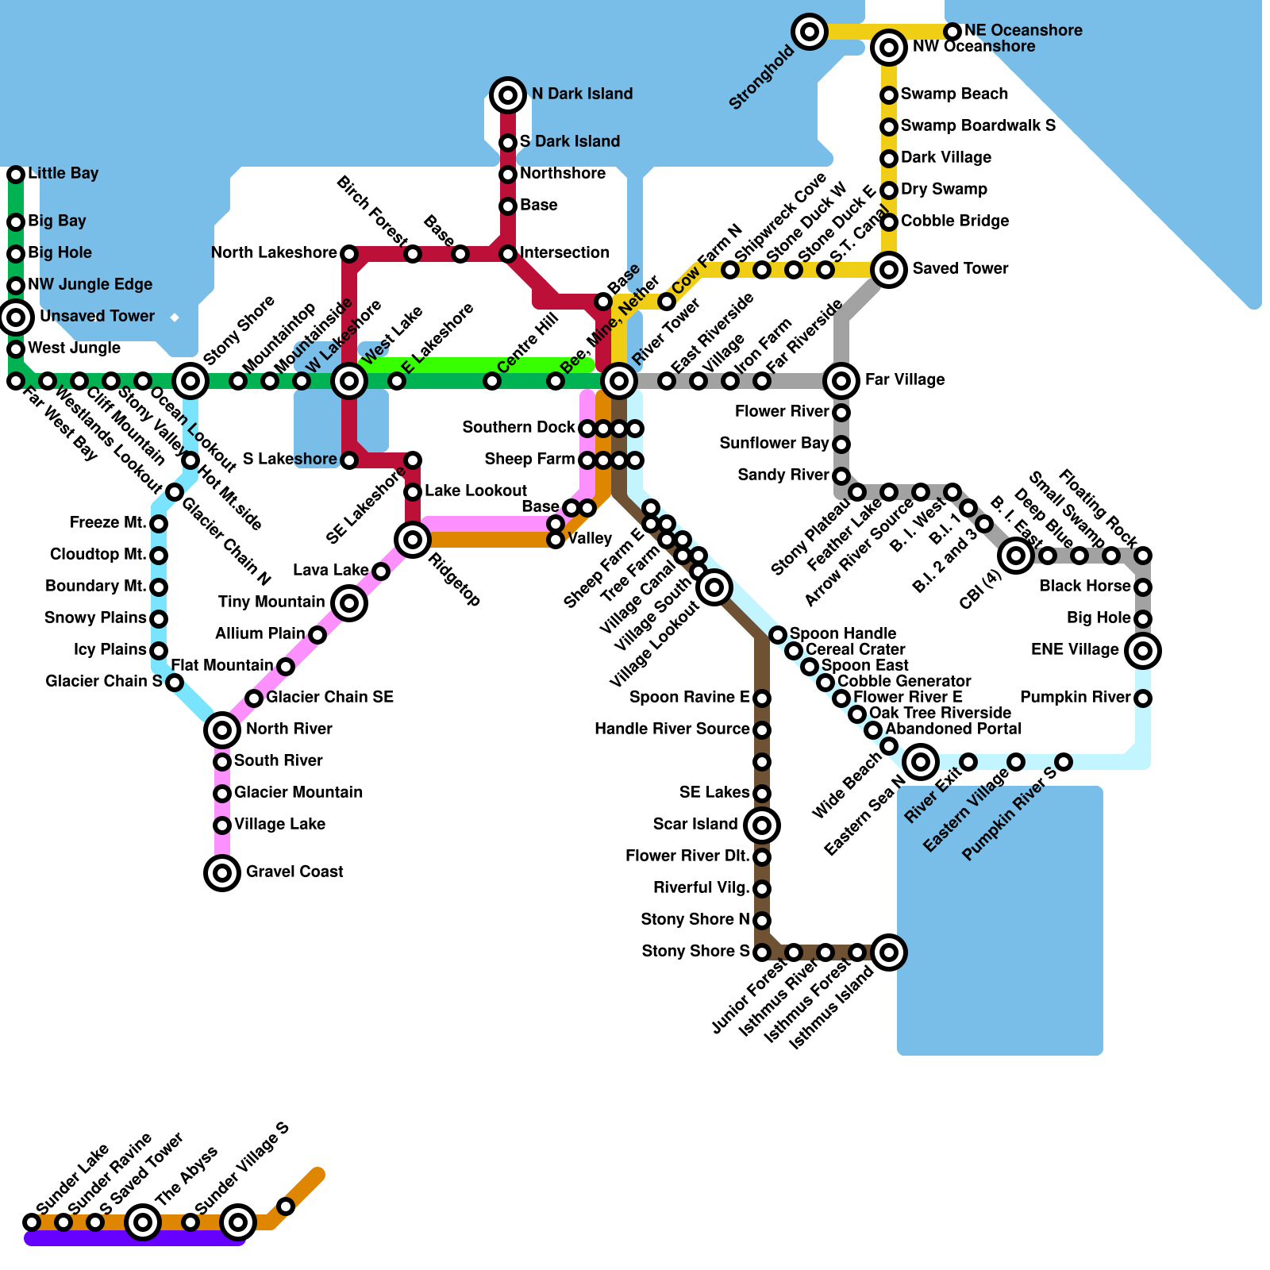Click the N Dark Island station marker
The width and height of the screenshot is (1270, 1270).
(x=508, y=95)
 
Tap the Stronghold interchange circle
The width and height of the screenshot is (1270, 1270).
(x=810, y=32)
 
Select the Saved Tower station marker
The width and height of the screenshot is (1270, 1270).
(x=889, y=270)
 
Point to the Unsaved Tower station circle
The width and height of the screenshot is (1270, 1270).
(x=16, y=317)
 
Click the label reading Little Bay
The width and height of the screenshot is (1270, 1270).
(x=63, y=173)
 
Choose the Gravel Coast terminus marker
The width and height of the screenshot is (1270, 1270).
(x=222, y=873)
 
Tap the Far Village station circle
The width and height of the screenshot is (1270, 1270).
(x=841, y=381)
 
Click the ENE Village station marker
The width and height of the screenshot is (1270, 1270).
(x=1143, y=651)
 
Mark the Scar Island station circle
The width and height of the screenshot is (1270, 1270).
(x=762, y=825)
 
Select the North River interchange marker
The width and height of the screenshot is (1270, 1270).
(x=222, y=730)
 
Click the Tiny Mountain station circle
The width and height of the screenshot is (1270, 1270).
(x=349, y=603)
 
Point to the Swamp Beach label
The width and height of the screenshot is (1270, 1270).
(x=954, y=94)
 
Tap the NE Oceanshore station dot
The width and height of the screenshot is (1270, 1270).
(x=952, y=32)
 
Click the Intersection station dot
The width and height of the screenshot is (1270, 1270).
(x=508, y=254)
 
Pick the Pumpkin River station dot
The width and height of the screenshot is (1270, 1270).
(x=1143, y=698)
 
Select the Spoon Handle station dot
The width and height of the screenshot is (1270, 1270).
(x=778, y=635)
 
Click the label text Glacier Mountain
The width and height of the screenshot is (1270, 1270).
(x=298, y=792)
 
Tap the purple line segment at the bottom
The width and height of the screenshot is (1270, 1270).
(x=135, y=1239)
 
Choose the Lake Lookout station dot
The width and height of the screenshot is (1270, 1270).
(x=413, y=492)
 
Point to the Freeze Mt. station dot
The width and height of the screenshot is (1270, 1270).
(x=159, y=524)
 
